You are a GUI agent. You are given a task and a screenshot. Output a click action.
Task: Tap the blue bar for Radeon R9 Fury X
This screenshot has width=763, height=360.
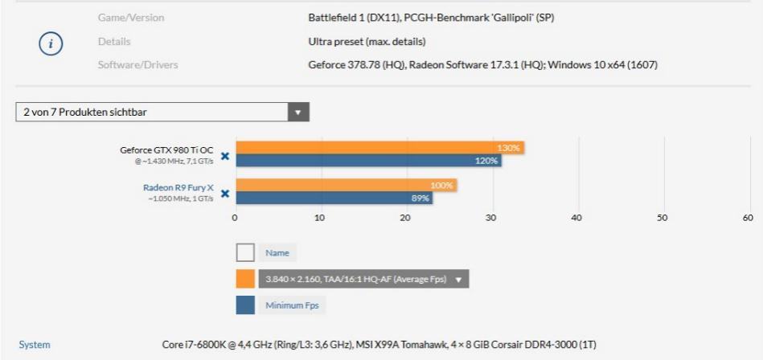tap(333, 198)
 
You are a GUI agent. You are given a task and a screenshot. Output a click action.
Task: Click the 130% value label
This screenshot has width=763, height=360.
tap(509, 148)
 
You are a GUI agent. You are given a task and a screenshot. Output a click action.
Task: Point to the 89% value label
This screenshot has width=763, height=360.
tap(420, 198)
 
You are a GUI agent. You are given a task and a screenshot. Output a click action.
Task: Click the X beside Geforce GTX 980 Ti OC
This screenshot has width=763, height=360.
tap(225, 155)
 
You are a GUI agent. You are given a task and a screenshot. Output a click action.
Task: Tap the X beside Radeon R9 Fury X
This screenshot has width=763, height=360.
tap(225, 193)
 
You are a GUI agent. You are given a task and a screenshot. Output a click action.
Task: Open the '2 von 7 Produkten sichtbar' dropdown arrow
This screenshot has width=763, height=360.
tap(298, 112)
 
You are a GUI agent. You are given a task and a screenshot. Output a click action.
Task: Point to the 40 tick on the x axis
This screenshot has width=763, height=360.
tap(576, 217)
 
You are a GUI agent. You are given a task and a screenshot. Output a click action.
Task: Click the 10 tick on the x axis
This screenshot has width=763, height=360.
tap(321, 217)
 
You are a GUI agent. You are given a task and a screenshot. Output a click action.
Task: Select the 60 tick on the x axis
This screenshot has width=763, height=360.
tap(748, 217)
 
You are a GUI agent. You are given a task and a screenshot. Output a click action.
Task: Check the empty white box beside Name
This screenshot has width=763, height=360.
tap(245, 253)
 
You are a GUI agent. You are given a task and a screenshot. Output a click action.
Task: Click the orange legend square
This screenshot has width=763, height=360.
tap(245, 280)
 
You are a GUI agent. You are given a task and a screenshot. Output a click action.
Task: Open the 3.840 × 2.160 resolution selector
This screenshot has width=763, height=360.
tap(363, 280)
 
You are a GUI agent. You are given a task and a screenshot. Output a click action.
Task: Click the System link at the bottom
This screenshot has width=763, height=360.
tap(34, 345)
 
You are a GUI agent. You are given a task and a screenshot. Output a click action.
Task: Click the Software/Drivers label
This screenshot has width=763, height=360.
tap(137, 64)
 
